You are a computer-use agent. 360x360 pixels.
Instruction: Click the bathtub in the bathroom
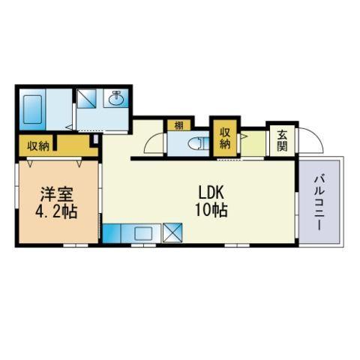(x=32, y=109)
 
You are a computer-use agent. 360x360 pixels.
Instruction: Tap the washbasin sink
(x=116, y=98)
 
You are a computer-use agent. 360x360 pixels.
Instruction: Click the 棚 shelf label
(x=179, y=125)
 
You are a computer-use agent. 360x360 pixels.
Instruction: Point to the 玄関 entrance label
(x=282, y=141)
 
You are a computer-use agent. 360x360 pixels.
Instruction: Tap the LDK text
(x=211, y=193)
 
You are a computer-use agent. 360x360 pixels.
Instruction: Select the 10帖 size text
(x=211, y=210)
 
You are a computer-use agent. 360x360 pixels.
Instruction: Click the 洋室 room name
(x=57, y=194)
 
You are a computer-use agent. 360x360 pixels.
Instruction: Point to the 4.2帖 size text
(x=56, y=212)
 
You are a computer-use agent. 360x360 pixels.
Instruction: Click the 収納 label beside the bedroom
(x=38, y=146)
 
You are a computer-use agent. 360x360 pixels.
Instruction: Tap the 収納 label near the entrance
(x=224, y=138)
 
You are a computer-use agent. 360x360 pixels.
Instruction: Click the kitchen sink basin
(x=143, y=233)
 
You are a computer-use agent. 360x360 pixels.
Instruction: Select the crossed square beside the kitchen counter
(x=172, y=232)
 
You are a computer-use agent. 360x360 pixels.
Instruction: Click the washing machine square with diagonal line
(x=87, y=99)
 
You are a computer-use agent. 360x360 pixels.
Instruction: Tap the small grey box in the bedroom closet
(x=96, y=139)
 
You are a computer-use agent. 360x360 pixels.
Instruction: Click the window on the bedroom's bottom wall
(x=76, y=245)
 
